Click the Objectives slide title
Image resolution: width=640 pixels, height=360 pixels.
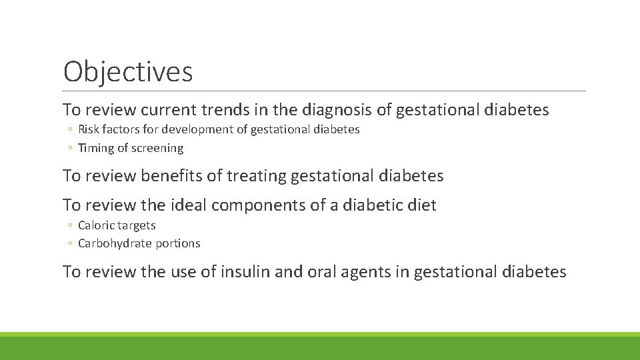128,71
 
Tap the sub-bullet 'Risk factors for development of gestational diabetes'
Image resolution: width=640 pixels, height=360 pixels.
219,129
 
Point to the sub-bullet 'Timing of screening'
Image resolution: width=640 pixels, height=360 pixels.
131,148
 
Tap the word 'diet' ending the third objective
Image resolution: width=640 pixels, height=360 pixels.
423,205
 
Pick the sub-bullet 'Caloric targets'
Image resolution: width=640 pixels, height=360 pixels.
117,225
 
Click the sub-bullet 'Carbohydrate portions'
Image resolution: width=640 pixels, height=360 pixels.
139,243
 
